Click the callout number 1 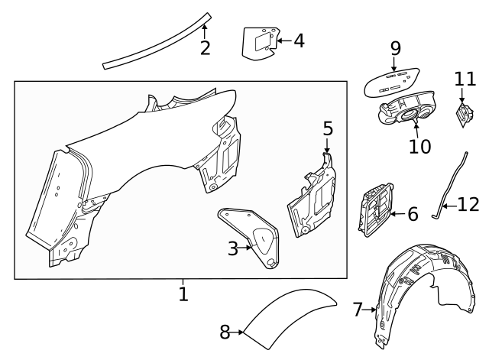(183, 293)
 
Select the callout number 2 (205, 49)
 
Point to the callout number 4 (299, 40)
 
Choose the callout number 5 (327, 128)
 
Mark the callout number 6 (412, 214)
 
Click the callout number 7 (358, 310)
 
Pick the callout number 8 (225, 332)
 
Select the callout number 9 (395, 48)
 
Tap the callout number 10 (419, 145)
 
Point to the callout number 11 (465, 78)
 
